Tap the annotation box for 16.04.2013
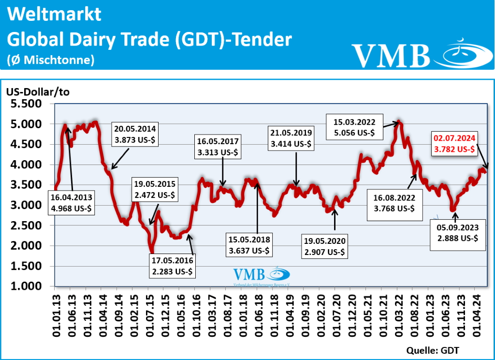(72, 203)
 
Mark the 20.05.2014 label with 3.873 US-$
(135, 134)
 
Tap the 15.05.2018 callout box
(250, 245)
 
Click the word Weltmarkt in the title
(55, 15)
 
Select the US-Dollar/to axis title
(38, 92)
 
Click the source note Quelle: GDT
(433, 350)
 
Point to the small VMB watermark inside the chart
(261, 274)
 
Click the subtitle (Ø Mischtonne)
(50, 60)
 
